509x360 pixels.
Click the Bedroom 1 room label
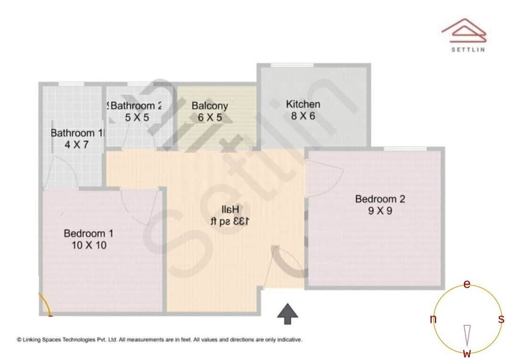click(88, 233)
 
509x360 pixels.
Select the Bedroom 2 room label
click(380, 199)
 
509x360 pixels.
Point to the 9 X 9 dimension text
click(380, 211)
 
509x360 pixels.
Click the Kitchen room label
click(303, 104)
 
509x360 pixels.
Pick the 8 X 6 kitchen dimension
click(303, 116)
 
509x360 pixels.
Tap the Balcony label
click(210, 106)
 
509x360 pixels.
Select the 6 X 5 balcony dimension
click(210, 117)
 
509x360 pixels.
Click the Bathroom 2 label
click(136, 106)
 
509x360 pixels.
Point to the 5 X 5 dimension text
click(137, 117)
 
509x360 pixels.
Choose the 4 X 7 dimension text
click(76, 145)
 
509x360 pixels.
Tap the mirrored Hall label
click(230, 209)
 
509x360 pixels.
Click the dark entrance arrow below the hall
click(287, 313)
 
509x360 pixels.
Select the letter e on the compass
click(467, 284)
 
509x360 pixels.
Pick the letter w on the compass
click(467, 353)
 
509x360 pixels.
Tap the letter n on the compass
click(433, 319)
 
